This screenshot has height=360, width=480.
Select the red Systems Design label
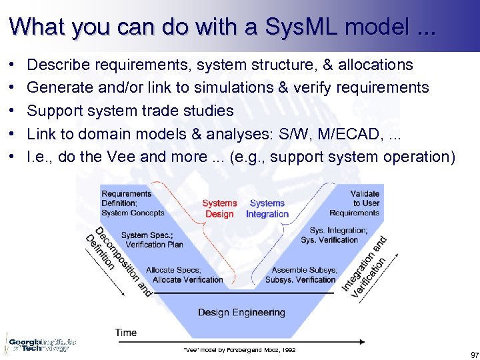(x=219, y=209)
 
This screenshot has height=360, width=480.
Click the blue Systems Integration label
(x=267, y=209)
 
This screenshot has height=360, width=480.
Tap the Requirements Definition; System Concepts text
(x=132, y=203)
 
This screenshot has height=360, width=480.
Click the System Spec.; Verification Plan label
(x=152, y=239)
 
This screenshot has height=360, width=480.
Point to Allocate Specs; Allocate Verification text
(x=184, y=275)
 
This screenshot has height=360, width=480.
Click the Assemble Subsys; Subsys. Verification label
(x=301, y=275)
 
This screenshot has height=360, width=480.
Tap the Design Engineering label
(x=241, y=312)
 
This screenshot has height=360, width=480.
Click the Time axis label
(x=126, y=332)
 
